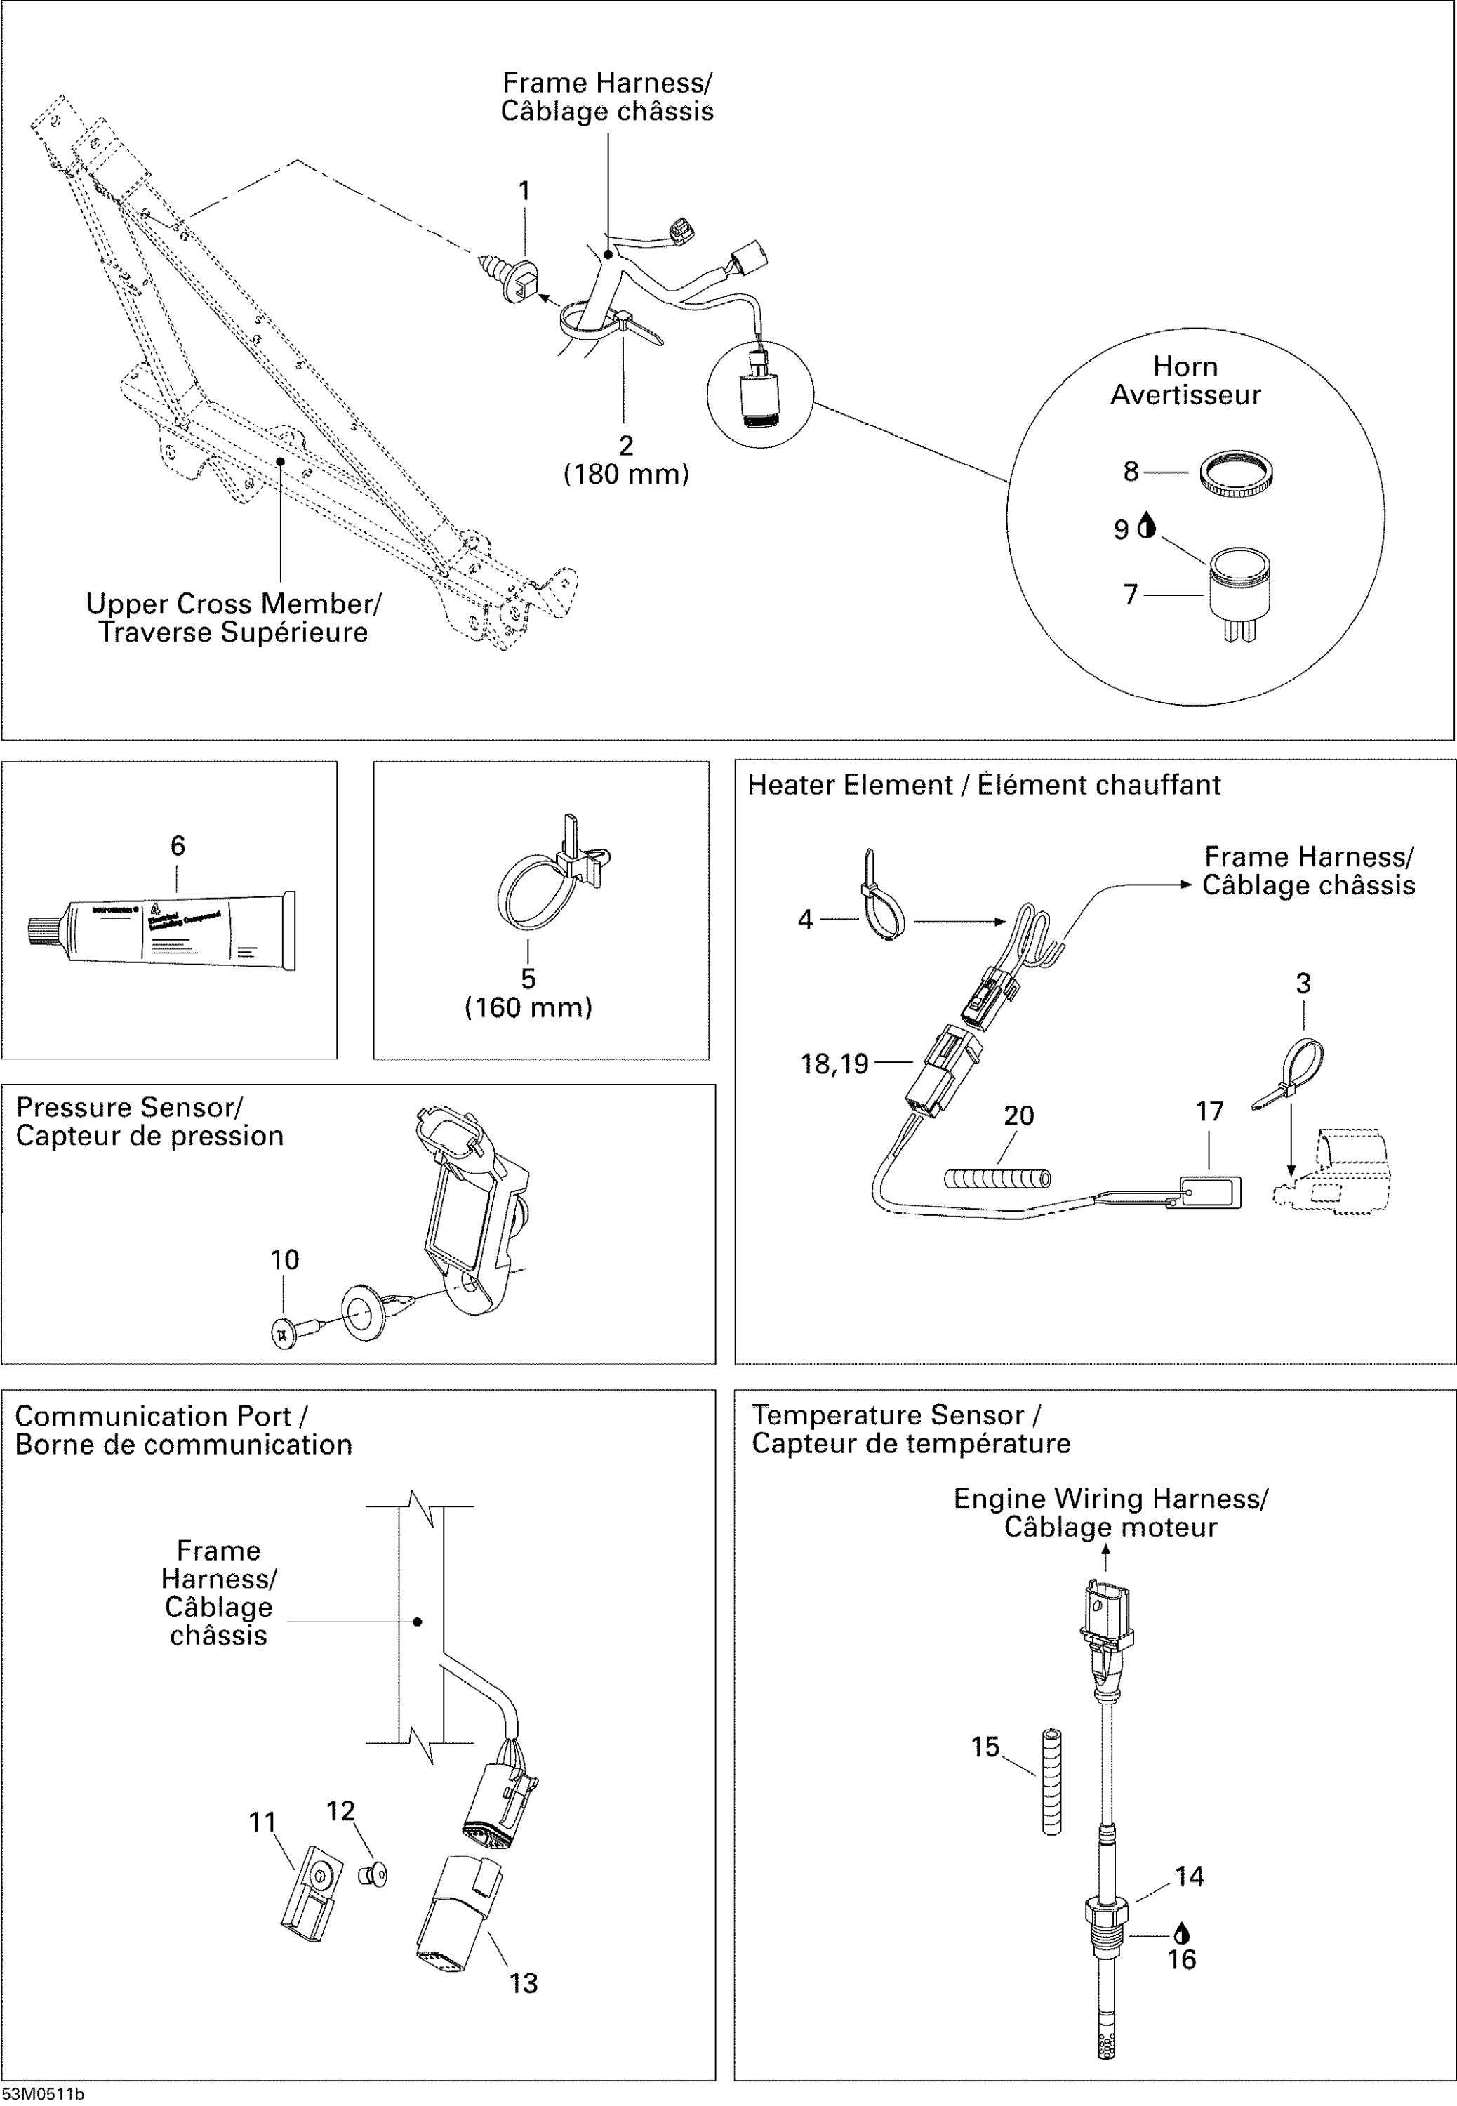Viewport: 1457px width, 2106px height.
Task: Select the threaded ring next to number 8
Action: (x=1235, y=474)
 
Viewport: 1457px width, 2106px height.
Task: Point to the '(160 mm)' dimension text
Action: (x=528, y=1008)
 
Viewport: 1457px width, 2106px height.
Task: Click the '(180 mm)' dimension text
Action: (x=625, y=475)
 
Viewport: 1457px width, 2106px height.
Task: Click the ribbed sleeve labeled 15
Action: (x=1051, y=1781)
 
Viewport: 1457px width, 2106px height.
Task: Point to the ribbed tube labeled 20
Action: (x=996, y=1179)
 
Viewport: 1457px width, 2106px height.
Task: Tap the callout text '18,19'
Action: (x=834, y=1064)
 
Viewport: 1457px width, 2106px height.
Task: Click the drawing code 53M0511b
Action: (x=43, y=2094)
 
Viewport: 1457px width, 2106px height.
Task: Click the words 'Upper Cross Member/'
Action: (x=233, y=604)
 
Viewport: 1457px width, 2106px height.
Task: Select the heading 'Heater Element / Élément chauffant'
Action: (x=983, y=785)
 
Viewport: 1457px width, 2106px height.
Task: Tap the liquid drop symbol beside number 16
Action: (x=1181, y=1933)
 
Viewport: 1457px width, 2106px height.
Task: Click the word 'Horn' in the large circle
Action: (x=1184, y=366)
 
